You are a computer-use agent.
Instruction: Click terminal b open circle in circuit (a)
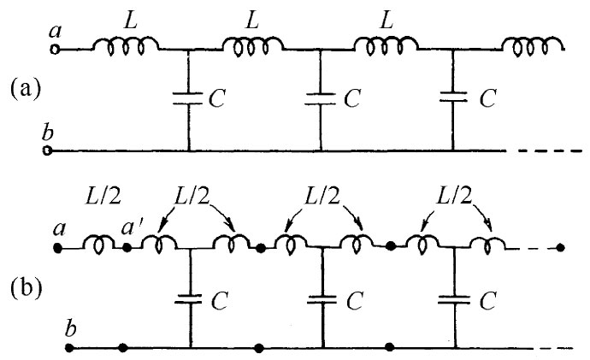48,150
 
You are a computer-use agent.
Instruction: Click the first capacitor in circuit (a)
186,99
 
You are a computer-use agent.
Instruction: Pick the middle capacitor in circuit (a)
320,99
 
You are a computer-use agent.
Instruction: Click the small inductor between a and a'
100,247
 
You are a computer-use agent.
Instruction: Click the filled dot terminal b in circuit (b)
69,348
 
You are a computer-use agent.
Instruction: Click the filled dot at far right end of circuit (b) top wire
559,249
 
